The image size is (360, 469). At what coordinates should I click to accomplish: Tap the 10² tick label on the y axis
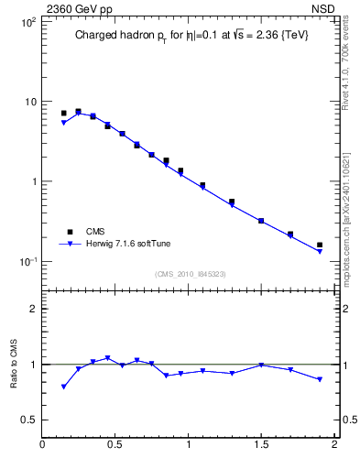27,22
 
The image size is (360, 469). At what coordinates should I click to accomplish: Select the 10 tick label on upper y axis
29,102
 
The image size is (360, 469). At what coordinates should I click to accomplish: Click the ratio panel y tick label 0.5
28,420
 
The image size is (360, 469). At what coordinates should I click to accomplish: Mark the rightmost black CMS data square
319,245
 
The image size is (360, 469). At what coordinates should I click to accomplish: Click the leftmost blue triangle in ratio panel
63,387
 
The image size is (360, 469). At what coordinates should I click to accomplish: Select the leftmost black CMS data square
63,114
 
